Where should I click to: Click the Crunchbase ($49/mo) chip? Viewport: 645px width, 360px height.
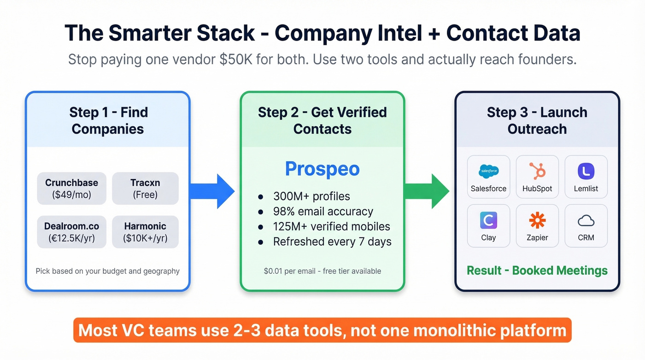(71, 189)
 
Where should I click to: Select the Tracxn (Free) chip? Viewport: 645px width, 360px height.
(145, 189)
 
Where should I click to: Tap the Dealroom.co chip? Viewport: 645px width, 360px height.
(71, 232)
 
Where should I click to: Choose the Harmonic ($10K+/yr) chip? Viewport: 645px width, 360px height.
(145, 232)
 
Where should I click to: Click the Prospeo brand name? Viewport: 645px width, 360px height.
(322, 169)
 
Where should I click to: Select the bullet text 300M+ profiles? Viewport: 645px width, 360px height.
(311, 196)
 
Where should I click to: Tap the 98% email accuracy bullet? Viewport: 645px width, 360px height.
(323, 212)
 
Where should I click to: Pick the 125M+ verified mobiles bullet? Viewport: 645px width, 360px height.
(331, 227)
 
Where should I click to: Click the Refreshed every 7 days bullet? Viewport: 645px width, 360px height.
(332, 242)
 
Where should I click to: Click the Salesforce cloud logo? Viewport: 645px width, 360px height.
(488, 171)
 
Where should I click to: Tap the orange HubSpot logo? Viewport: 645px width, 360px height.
(537, 171)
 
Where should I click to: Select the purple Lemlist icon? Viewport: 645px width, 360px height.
(586, 171)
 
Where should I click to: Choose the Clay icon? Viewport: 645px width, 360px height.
(488, 220)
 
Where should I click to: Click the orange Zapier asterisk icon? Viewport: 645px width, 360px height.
(537, 220)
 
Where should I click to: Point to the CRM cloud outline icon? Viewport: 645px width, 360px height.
(586, 221)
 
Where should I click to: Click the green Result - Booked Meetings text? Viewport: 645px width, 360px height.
(537, 271)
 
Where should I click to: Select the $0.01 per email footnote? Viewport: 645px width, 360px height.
(322, 271)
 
